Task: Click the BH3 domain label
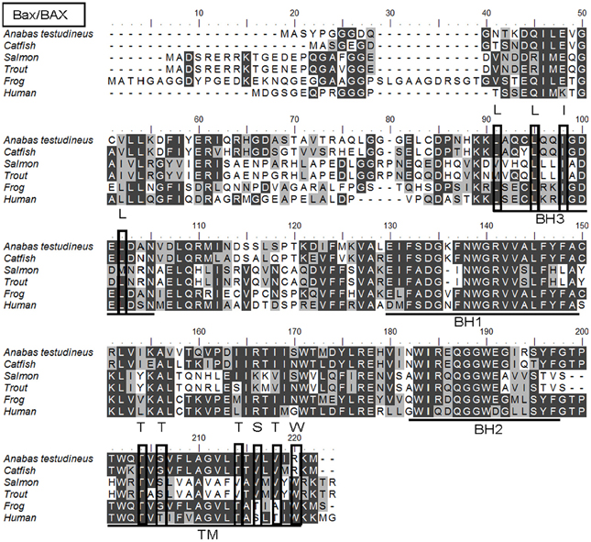[x=547, y=220]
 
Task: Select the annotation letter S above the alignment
[x=257, y=426]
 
